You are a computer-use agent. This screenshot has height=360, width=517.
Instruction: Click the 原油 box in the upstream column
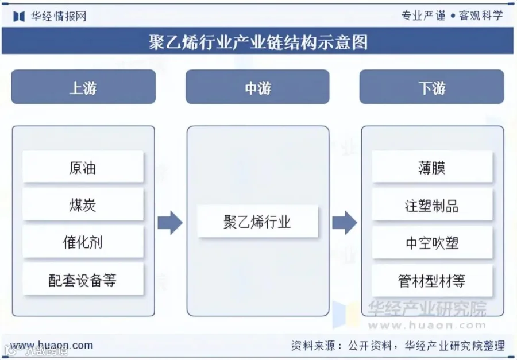pos(83,167)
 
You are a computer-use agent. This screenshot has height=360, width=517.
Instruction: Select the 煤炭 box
pos(83,204)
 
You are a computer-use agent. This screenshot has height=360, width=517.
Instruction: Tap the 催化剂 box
pos(83,242)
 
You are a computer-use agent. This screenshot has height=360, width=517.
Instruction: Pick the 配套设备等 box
pos(83,280)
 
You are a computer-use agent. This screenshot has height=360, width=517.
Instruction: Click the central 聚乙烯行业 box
pos(257,221)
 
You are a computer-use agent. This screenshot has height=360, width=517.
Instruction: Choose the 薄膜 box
pos(432,167)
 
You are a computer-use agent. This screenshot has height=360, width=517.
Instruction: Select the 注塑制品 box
pos(432,205)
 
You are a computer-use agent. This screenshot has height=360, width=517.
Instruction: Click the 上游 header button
pos(83,87)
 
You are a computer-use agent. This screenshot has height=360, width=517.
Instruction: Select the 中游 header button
pos(257,87)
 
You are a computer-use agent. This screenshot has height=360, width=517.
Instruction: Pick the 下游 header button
pos(431,87)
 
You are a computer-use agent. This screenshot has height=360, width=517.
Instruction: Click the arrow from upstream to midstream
pos(170,223)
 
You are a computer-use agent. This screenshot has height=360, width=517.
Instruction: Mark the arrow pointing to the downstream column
pos(345,223)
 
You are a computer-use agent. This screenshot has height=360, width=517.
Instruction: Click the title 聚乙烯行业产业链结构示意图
pos(258,42)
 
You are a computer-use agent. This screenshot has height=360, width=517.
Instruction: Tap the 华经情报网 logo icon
pos(19,16)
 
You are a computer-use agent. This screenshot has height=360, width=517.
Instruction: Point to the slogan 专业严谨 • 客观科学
pos(452,15)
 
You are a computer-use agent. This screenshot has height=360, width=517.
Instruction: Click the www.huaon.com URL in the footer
pos(52,345)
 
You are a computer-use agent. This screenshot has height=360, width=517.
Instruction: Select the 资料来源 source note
pos(398,346)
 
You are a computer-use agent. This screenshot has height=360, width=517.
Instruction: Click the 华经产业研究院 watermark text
pos(427,309)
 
